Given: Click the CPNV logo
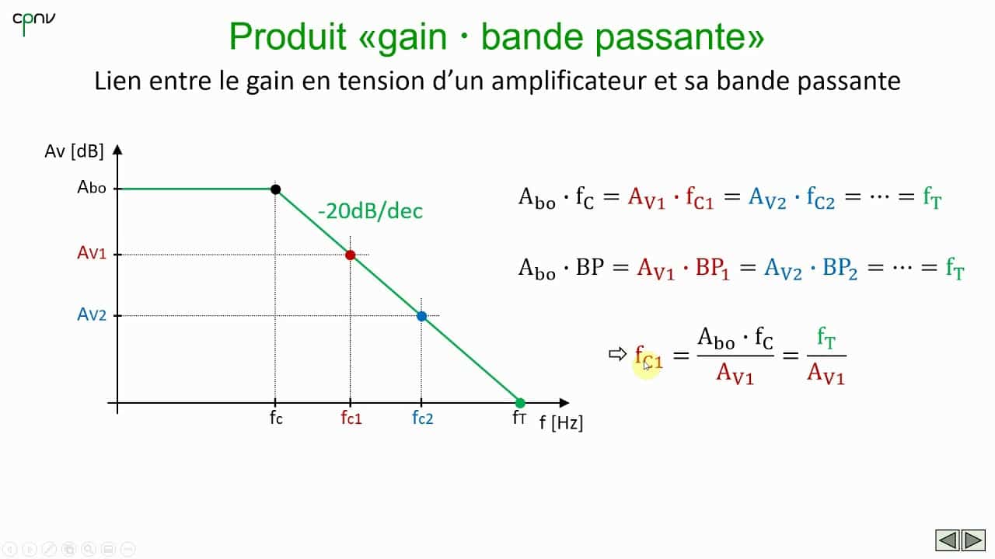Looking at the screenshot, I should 33,23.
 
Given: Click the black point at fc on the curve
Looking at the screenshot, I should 275,189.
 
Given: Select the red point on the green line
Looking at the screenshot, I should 350,255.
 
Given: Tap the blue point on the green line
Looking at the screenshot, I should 421,316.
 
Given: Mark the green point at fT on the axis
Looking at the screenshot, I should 520,403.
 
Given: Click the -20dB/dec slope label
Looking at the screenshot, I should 370,211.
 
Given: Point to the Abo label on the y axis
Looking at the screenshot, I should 92,188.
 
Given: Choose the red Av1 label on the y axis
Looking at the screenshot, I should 91,253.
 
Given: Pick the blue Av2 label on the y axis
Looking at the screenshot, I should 91,314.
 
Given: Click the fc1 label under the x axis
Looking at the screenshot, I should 351,418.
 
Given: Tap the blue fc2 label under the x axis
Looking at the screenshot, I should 422,418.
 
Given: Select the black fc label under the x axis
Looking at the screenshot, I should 276,418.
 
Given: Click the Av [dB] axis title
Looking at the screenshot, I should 74,151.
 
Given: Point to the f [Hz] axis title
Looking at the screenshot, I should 560,424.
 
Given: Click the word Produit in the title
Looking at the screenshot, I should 288,37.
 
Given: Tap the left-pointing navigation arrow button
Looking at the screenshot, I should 947,540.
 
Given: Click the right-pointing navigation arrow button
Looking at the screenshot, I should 973,540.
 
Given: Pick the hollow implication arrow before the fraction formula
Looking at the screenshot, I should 617,354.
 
